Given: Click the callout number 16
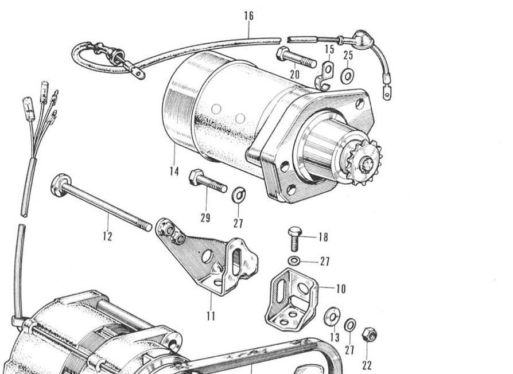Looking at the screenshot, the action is (248, 15).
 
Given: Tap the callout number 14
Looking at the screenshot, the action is (174, 171).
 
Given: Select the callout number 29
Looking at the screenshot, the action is (205, 218).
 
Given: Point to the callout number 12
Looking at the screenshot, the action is (108, 236).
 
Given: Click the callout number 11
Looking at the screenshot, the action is (211, 316).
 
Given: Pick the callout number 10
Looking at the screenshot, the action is (341, 289).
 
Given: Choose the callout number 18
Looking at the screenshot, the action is (323, 237).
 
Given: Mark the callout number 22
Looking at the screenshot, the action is (367, 365).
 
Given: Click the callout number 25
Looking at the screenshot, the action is (348, 55).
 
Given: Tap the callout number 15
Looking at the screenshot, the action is (329, 49).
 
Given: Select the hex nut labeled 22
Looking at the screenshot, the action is (369, 334).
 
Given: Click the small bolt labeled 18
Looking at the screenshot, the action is (294, 238).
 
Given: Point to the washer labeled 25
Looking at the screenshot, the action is (347, 76).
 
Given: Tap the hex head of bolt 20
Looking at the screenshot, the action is (282, 53).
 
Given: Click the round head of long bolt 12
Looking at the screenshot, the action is (61, 185).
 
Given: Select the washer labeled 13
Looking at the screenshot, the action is (332, 317).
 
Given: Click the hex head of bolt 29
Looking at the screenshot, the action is (196, 177).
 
